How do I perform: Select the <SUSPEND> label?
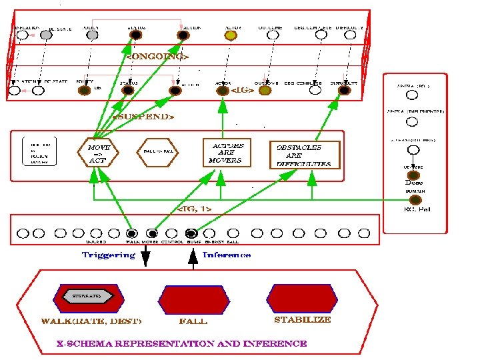point(144,117)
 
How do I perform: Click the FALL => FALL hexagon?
point(159,152)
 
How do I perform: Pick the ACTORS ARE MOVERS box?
point(227,153)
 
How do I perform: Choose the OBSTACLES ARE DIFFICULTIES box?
point(303,155)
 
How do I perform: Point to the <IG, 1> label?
point(195,209)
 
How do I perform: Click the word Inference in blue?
point(226,255)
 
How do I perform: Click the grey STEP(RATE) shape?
point(81,294)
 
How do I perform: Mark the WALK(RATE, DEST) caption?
point(91,321)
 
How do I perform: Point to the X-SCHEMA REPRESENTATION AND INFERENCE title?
point(181,344)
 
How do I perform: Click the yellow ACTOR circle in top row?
point(231,35)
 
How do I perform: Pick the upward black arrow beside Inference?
point(193,257)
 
